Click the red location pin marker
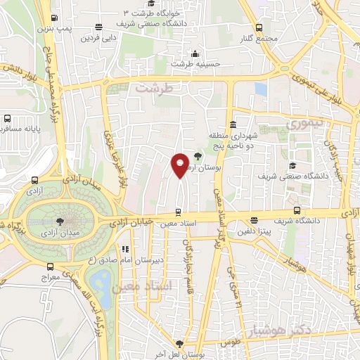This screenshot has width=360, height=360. pyautogui.click(x=180, y=165)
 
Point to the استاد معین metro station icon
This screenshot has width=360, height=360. pyautogui.click(x=177, y=212)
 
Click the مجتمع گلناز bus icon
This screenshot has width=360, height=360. pyautogui.click(x=259, y=27)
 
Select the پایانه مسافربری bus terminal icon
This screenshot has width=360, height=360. pyautogui.click(x=7, y=119)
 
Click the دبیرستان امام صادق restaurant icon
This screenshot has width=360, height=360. pyautogui.click(x=126, y=248)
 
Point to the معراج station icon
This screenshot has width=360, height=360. pyautogui.click(x=49, y=266)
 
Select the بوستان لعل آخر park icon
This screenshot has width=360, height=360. pyautogui.click(x=179, y=344)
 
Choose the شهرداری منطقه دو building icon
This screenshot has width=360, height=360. pyautogui.click(x=231, y=124)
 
